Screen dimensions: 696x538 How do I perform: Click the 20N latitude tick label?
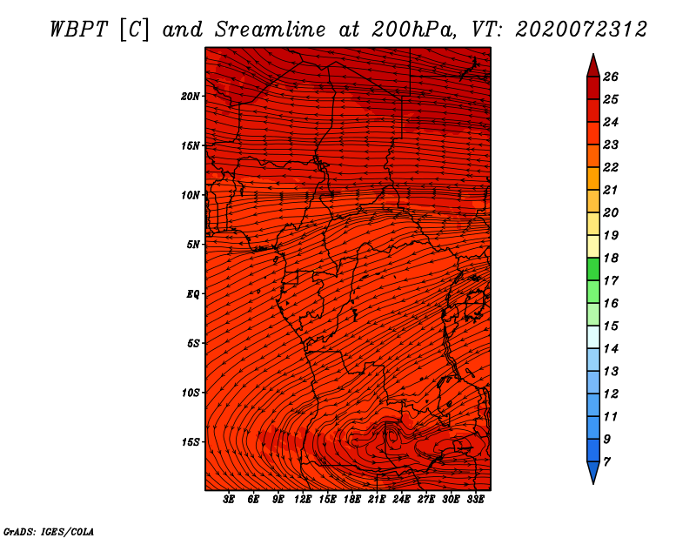coord(190,97)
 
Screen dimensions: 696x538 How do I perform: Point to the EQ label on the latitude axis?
coord(192,294)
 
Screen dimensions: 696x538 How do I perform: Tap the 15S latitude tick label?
coord(190,442)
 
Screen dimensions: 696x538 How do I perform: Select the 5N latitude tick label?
coord(192,245)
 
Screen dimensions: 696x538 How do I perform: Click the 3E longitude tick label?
coord(229,499)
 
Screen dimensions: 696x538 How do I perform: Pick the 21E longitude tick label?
coord(377,499)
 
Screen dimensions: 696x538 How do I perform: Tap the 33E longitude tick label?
coord(475,499)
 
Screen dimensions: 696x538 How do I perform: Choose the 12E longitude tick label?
coord(302,499)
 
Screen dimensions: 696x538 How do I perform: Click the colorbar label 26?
coord(611,77)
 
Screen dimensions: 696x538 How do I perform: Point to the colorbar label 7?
coord(606,461)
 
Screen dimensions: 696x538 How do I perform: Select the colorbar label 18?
coord(611,258)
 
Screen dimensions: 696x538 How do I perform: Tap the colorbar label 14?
coord(611,349)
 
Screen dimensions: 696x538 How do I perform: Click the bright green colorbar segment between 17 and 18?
coord(593,269)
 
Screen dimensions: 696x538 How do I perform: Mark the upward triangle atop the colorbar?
coord(593,67)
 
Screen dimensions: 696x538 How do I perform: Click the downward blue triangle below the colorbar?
coord(593,472)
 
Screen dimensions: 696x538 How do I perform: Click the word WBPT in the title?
coord(78,30)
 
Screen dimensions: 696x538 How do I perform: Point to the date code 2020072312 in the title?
coord(581,30)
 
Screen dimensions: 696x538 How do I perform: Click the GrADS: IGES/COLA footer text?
coord(49,531)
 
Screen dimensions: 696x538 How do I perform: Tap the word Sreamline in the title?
coord(271,30)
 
